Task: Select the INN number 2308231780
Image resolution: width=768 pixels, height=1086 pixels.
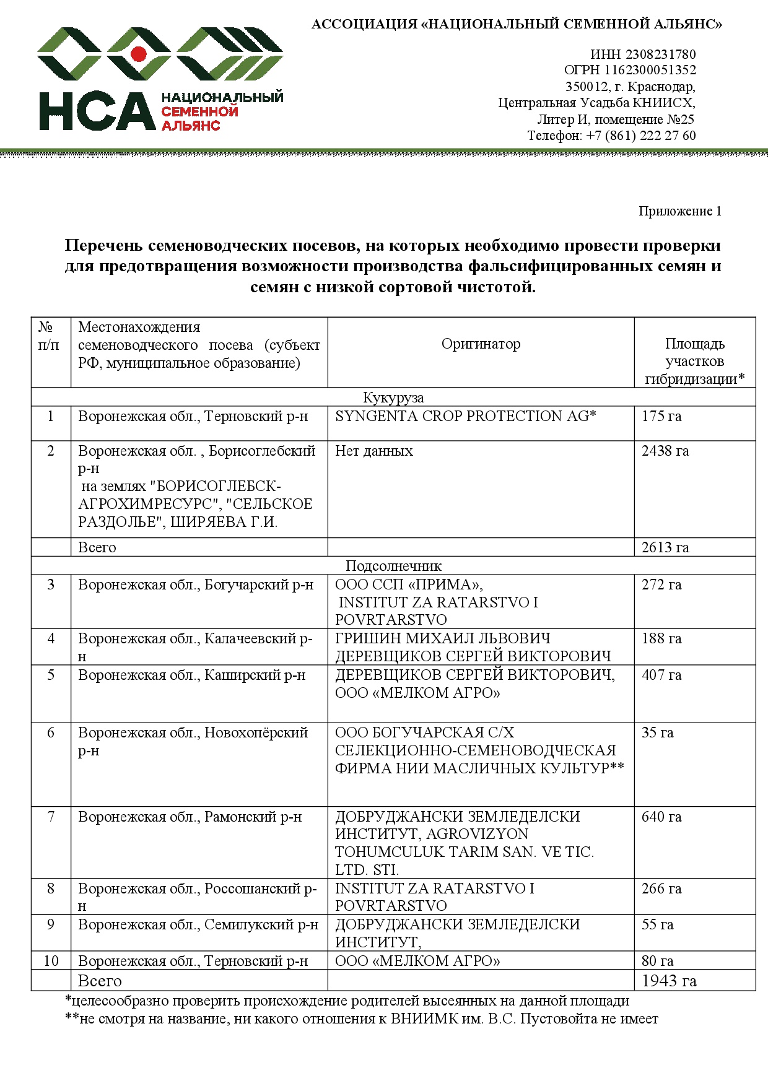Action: [660, 54]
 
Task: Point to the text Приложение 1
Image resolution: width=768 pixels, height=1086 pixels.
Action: [679, 211]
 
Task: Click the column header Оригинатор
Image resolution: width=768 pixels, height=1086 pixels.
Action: [481, 344]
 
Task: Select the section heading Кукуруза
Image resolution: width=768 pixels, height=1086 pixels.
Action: [393, 397]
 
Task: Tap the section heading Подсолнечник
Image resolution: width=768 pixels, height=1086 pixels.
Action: [393, 566]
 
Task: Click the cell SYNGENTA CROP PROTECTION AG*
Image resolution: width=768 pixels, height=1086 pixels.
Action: [465, 416]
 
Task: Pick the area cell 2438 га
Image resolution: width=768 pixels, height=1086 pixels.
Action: [665, 451]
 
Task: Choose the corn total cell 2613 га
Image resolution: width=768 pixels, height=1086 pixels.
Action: [665, 547]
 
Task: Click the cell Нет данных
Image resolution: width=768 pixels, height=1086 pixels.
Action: [373, 451]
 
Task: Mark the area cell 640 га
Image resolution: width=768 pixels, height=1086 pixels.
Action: [661, 817]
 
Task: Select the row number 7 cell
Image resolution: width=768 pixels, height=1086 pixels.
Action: [51, 817]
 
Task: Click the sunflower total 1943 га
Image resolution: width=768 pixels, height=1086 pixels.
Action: [669, 981]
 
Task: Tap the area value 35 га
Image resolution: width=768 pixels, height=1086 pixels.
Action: [657, 732]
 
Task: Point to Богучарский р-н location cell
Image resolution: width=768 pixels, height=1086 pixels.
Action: [196, 584]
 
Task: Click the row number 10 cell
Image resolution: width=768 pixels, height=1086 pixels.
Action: [51, 961]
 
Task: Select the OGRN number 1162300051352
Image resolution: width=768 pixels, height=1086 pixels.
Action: [650, 71]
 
